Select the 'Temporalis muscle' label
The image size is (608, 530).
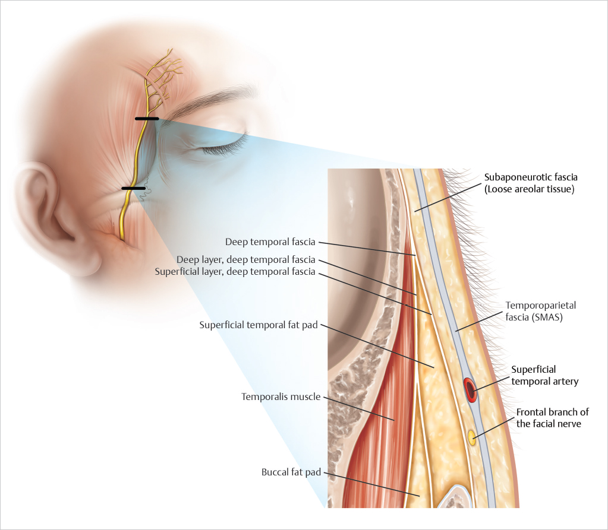coord(281,395)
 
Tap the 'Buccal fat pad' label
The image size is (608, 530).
coord(291,472)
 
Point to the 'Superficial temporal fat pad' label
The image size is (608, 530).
coord(259,325)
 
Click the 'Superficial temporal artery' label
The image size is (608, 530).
coord(544,375)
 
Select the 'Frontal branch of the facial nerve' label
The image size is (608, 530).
coord(553,418)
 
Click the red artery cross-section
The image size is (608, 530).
coord(470,390)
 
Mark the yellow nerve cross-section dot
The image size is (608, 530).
coord(472,438)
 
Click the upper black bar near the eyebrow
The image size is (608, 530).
coord(147,119)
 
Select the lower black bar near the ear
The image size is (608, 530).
coord(133,188)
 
